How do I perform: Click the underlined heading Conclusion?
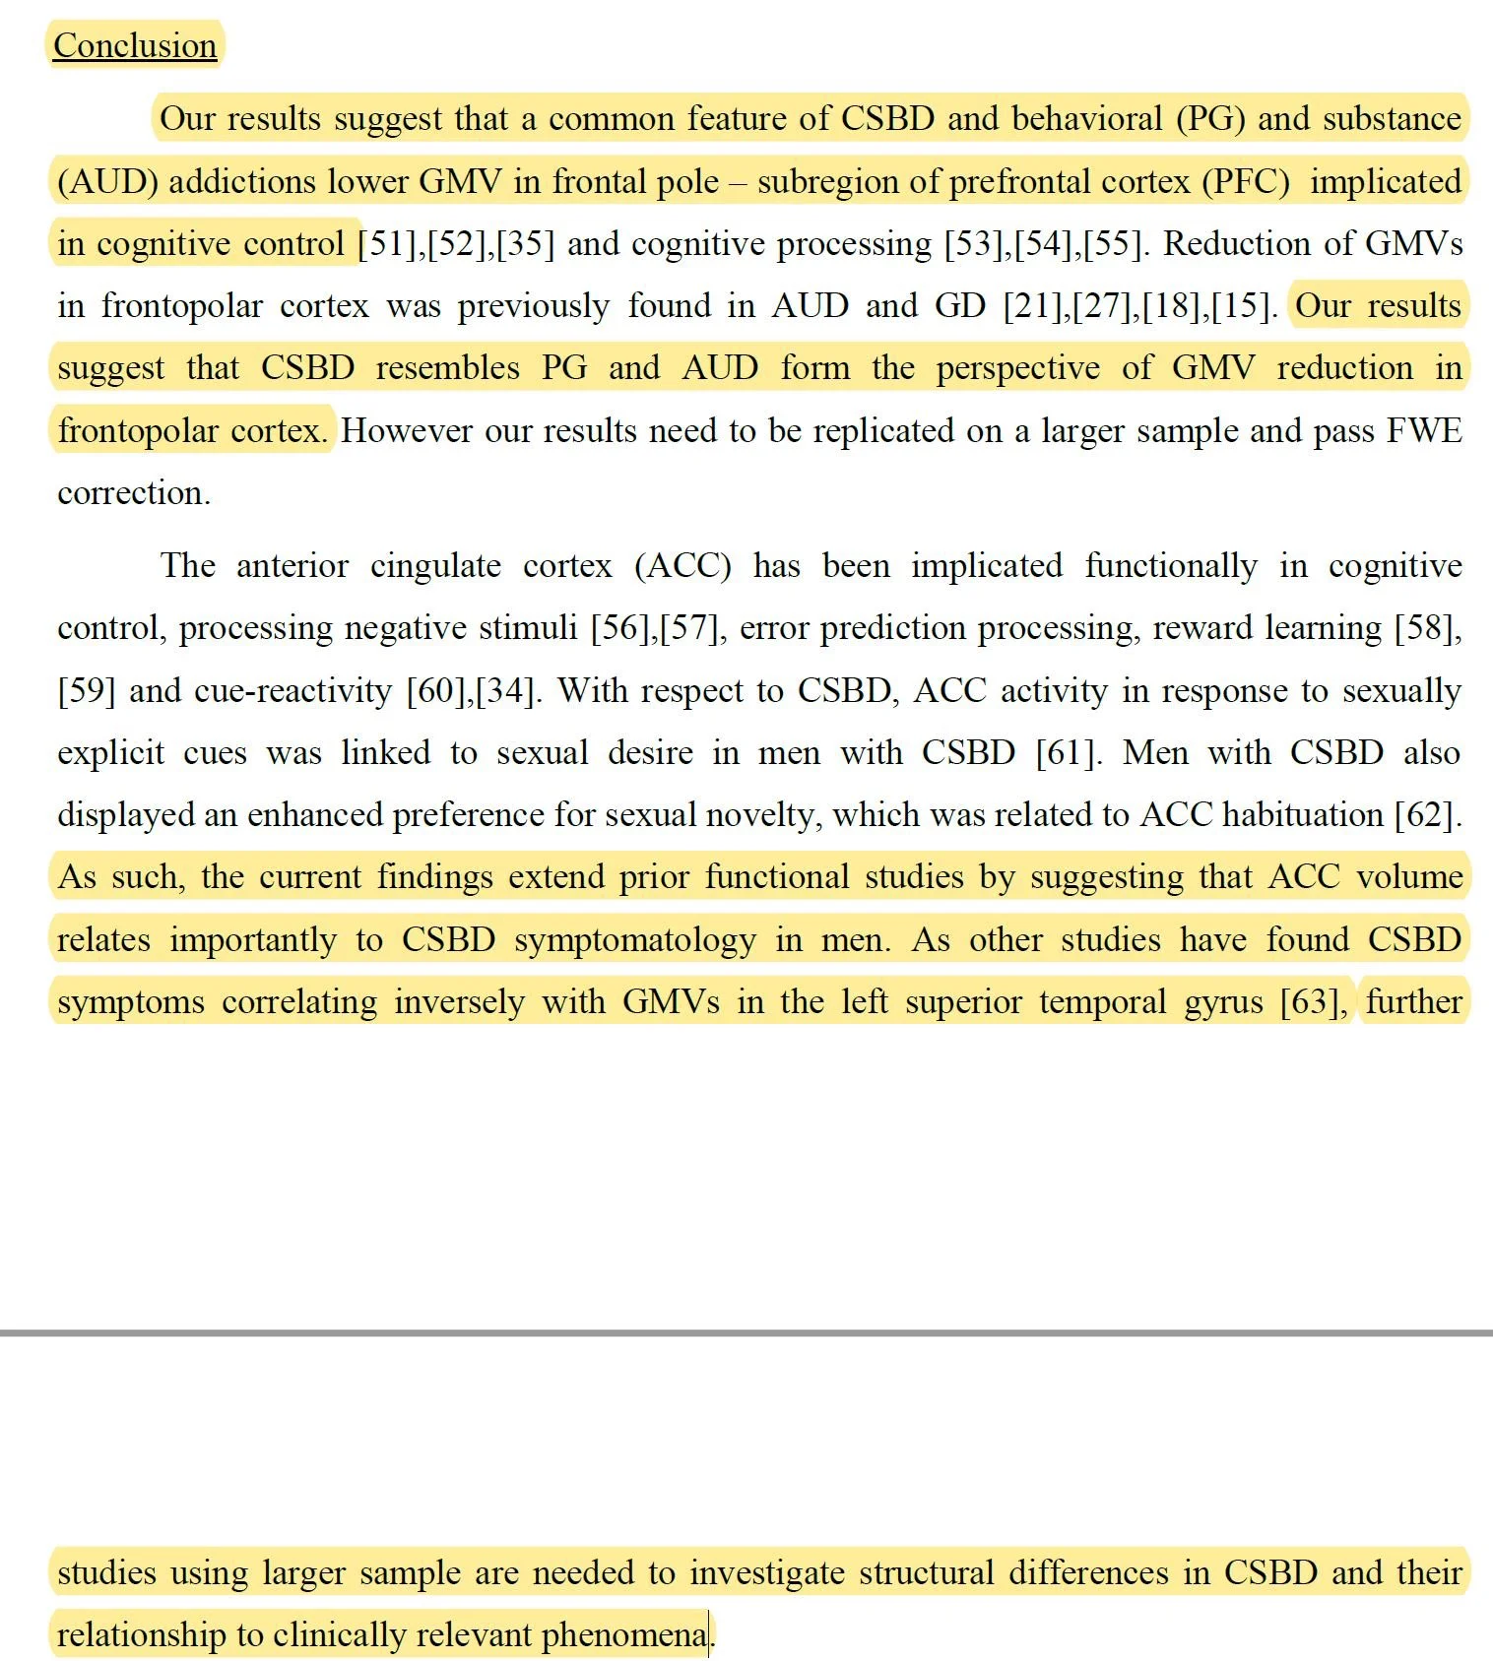(x=135, y=45)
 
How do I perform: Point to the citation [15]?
(x=1243, y=305)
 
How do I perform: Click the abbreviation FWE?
(x=1424, y=430)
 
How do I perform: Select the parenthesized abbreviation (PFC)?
(x=1245, y=181)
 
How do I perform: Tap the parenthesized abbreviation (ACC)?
(x=682, y=565)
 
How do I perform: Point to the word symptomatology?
(x=634, y=939)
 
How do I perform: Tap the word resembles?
(x=447, y=367)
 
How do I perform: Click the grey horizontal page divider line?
(x=746, y=1332)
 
